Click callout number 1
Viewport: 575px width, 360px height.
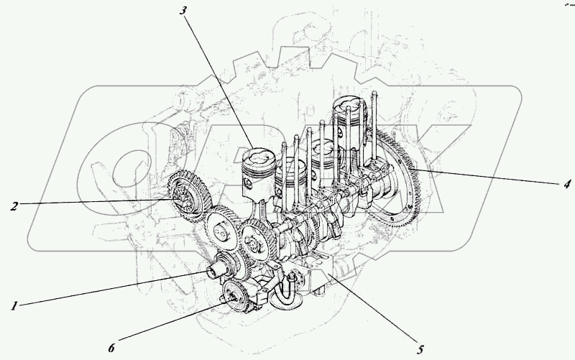[x=14, y=306]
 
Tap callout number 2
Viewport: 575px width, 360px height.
[x=14, y=206]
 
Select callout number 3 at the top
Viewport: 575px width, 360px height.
[x=184, y=9]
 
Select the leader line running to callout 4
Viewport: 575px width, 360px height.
[x=489, y=177]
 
